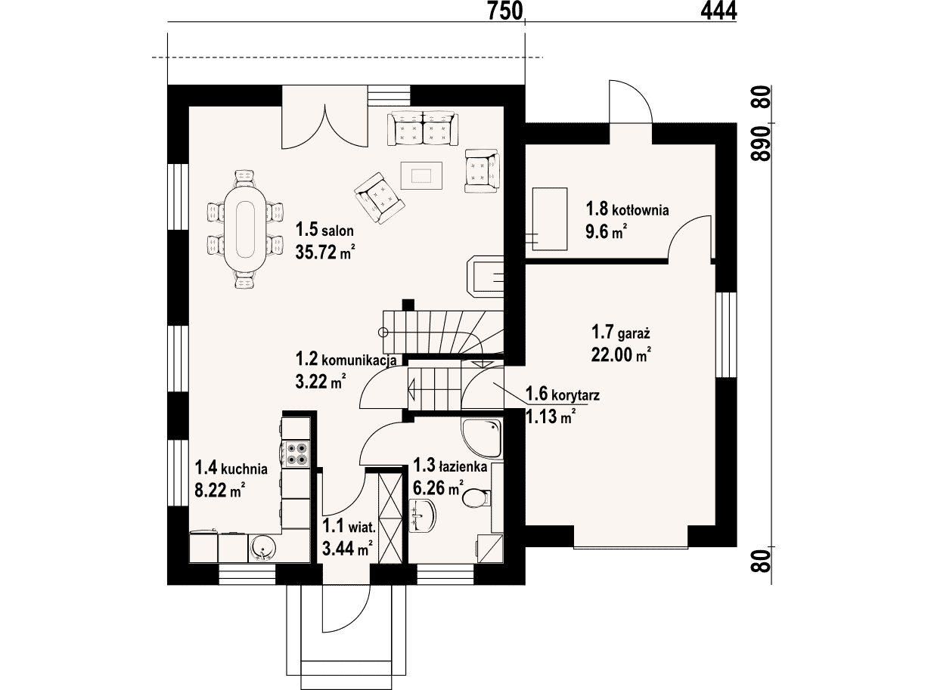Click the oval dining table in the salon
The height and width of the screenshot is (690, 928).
(x=245, y=229)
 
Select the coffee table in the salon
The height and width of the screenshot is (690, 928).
(x=421, y=175)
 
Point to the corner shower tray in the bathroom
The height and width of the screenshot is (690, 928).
(x=482, y=439)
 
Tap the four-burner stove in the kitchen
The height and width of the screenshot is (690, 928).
(x=296, y=454)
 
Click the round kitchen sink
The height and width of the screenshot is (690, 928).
(x=262, y=548)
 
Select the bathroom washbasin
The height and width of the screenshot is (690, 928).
(x=423, y=515)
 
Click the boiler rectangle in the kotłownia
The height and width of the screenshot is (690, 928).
(x=550, y=219)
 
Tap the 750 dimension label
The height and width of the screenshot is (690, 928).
(x=505, y=11)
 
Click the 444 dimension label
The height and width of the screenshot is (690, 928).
(x=719, y=11)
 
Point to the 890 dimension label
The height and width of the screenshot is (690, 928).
(x=761, y=144)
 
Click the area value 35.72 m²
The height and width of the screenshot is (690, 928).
(x=325, y=252)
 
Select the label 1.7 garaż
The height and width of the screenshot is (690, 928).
(x=620, y=333)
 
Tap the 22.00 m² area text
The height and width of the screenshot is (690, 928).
(x=621, y=354)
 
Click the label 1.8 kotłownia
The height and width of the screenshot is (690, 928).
(x=627, y=209)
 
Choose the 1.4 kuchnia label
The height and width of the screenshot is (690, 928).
(x=231, y=469)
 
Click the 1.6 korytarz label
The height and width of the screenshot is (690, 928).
(x=563, y=394)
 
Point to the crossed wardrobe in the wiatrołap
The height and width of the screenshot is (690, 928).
(x=390, y=518)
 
